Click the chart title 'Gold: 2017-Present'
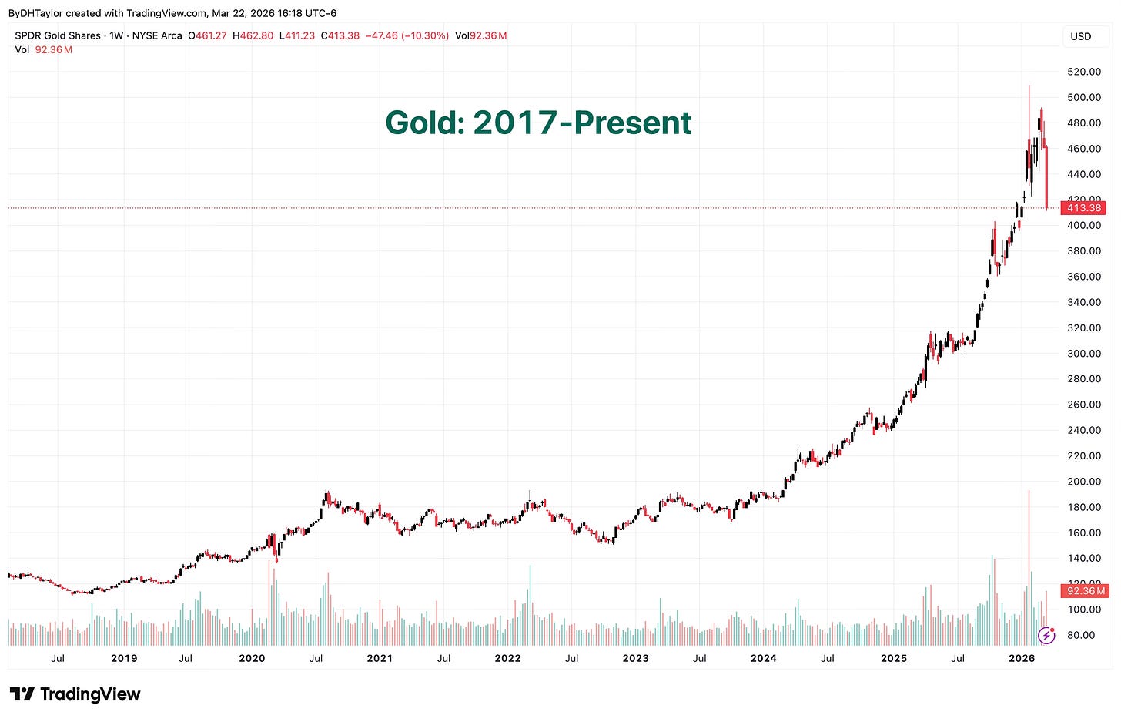click(x=538, y=123)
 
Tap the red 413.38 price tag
click(x=1084, y=208)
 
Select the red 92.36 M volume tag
click(x=1084, y=591)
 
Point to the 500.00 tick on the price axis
click(x=1084, y=97)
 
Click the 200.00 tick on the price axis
click(x=1084, y=482)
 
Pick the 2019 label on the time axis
click(x=124, y=658)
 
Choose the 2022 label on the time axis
click(x=507, y=658)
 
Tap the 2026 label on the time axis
click(x=1022, y=658)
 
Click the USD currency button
click(x=1080, y=36)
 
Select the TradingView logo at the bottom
click(x=75, y=694)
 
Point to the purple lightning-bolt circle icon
click(x=1046, y=635)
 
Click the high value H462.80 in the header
click(x=253, y=35)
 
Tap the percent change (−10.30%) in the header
click(x=425, y=35)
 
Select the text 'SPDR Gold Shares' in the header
click(x=58, y=35)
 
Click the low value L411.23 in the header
click(x=297, y=35)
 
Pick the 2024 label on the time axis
click(x=763, y=658)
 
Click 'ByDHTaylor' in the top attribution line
click(x=35, y=13)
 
